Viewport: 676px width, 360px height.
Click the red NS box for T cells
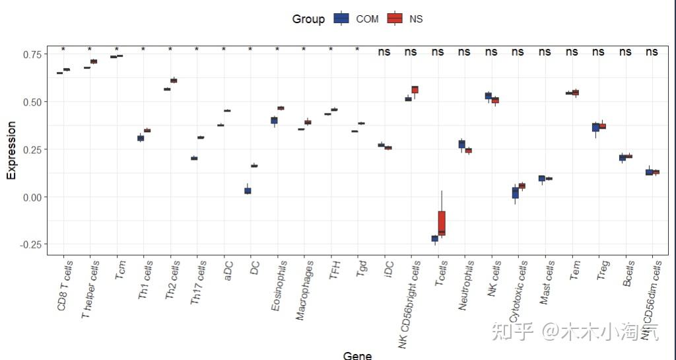(x=442, y=223)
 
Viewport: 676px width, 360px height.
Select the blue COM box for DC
(x=248, y=191)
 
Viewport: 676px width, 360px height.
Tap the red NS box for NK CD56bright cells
(x=415, y=90)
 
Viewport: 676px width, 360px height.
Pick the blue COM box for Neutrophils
(x=461, y=144)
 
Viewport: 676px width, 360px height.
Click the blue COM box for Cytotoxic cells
(x=515, y=192)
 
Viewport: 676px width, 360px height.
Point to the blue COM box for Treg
(x=595, y=127)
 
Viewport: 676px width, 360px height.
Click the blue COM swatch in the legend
(x=341, y=19)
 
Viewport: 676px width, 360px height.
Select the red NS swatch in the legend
(x=395, y=19)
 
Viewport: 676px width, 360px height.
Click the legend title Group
(x=308, y=19)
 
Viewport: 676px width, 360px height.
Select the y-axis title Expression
(x=11, y=149)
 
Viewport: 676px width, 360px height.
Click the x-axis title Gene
(x=357, y=355)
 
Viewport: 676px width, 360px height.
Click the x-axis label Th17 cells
(x=197, y=283)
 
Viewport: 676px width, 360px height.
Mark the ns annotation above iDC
(x=384, y=52)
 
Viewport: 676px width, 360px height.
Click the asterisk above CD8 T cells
(x=63, y=50)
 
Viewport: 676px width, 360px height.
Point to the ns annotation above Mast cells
(x=545, y=52)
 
